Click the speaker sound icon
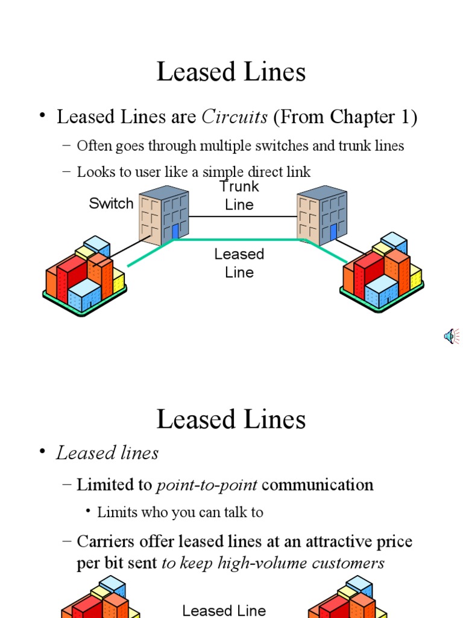pos(451,337)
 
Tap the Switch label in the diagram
pos(111,203)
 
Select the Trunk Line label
pos(239,196)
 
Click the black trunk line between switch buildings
pos(242,216)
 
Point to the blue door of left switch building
pos(175,232)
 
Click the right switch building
pos(322,214)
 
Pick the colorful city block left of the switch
pos(84,276)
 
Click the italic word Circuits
pos(235,117)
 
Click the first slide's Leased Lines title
pos(231,72)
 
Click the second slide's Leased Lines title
pos(231,419)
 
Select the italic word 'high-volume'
pos(275,563)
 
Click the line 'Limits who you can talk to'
pos(180,512)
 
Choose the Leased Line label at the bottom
pos(224,610)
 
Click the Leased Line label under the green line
pos(239,263)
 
